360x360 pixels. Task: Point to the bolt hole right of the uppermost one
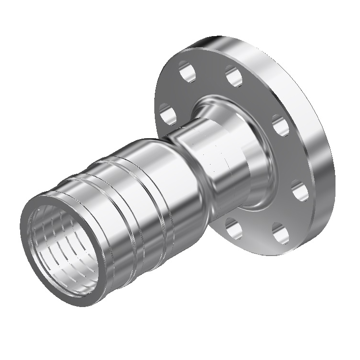pyautogui.click(x=234, y=77)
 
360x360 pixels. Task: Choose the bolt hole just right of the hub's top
pyautogui.click(x=281, y=126)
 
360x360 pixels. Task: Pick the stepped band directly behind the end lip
pyautogui.click(x=72, y=193)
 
